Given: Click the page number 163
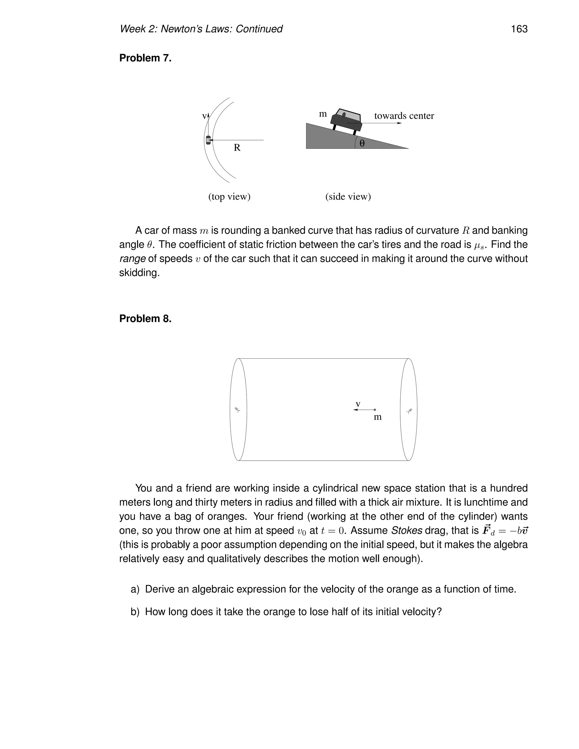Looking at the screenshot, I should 519,29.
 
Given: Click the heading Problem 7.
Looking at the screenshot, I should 145,58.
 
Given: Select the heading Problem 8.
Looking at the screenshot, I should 145,319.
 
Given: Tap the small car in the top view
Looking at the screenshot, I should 208,140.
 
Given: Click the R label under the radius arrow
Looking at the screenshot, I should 237,148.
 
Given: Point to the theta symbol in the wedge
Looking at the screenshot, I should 362,143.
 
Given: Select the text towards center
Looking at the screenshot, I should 404,116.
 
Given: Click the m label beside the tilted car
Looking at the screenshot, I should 323,114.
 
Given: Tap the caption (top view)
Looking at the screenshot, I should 230,196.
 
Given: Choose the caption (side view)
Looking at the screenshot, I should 348,196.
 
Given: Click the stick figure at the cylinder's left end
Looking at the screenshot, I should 237,410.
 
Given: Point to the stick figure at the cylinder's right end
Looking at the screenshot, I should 409,410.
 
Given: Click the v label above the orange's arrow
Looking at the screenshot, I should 358,404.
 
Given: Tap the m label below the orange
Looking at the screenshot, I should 377,417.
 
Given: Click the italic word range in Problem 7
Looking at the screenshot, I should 132,259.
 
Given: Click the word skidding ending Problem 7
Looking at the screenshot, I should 139,273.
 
